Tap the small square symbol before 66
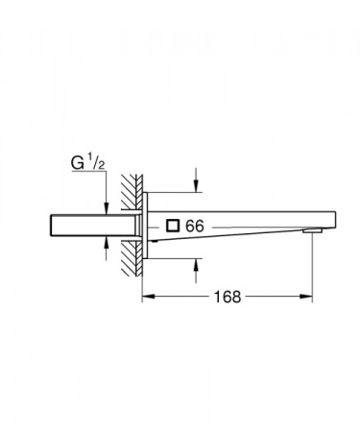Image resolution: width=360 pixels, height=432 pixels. [x=173, y=226]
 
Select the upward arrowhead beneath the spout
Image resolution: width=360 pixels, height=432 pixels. [x=196, y=264]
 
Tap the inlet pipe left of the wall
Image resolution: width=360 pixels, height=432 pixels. [x=86, y=226]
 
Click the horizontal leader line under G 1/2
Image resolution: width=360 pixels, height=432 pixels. [x=83, y=177]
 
